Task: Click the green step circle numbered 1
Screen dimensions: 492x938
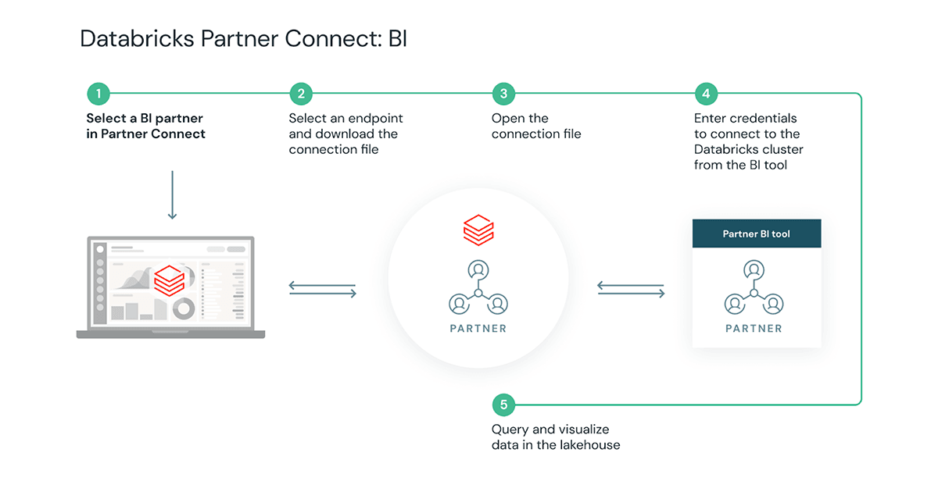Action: [98, 94]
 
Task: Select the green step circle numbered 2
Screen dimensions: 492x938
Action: [301, 94]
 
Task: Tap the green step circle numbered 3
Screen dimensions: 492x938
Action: [503, 94]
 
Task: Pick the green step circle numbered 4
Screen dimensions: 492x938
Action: [706, 94]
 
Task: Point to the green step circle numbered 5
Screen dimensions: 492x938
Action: [503, 405]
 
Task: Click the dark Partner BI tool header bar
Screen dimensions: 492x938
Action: [757, 234]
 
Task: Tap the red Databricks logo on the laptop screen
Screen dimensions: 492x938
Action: [169, 280]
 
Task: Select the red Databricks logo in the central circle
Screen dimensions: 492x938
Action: [478, 231]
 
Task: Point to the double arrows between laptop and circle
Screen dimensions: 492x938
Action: [322, 289]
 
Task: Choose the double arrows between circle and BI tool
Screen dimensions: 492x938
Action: [631, 289]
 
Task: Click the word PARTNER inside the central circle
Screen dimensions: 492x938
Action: [478, 329]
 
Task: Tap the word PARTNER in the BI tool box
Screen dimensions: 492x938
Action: [754, 329]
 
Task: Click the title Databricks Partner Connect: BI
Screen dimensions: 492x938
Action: [243, 39]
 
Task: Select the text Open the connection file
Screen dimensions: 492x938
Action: [536, 127]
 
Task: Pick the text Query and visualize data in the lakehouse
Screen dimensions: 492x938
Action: [555, 437]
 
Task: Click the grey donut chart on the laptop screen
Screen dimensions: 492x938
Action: [184, 308]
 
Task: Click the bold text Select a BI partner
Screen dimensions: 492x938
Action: [145, 119]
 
